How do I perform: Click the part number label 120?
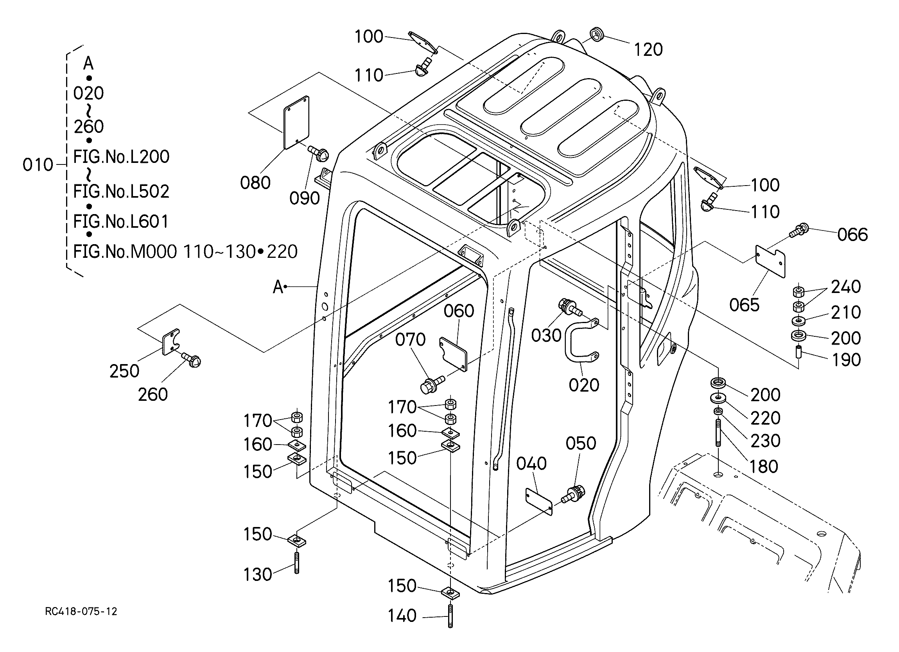pos(648,50)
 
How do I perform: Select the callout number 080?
pos(255,183)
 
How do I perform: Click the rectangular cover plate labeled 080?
pos(296,122)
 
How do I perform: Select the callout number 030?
pos(546,336)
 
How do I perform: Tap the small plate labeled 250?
pos(171,342)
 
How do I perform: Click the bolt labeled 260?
pos(192,360)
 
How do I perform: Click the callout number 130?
pos(258,574)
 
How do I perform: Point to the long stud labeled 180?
pos(718,434)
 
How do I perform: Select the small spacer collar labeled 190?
pos(800,351)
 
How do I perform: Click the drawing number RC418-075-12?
pos(81,612)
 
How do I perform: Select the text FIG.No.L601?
pos(121,222)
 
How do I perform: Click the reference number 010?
pos(38,165)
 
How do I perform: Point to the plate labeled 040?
pos(539,501)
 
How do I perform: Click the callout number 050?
pos(581,443)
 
